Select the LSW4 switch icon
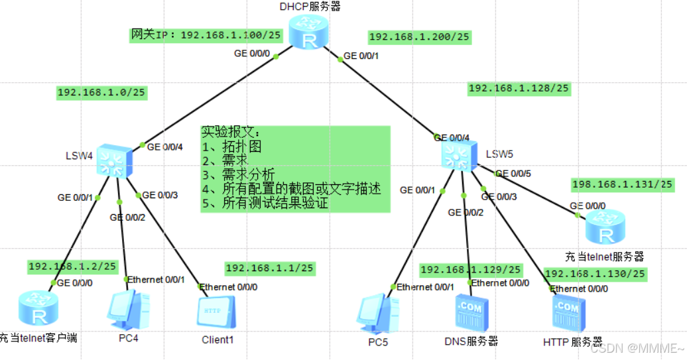point(114,160)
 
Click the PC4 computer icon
point(126,310)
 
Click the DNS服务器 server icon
point(471,314)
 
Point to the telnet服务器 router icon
point(605,227)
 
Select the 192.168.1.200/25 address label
point(419,37)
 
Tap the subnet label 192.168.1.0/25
point(101,93)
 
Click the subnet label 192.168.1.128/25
point(519,88)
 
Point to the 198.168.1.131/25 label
point(621,184)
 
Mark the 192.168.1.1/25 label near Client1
point(269,268)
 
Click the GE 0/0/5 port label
point(513,174)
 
